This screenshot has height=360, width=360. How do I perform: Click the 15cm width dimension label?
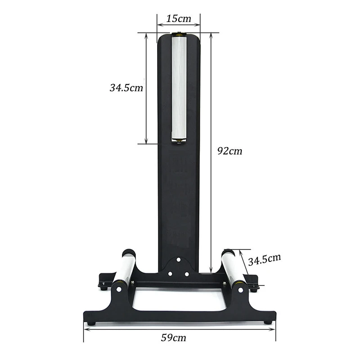pyautogui.click(x=178, y=18)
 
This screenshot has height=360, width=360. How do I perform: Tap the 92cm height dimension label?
pyautogui.click(x=229, y=151)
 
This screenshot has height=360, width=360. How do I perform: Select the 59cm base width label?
pyautogui.click(x=173, y=338)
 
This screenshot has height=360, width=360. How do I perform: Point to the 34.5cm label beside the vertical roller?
pyautogui.click(x=126, y=88)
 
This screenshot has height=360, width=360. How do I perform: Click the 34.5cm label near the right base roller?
pyautogui.click(x=265, y=260)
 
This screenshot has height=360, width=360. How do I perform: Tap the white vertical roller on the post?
pyautogui.click(x=179, y=87)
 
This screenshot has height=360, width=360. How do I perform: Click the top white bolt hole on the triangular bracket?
pyautogui.click(x=178, y=260)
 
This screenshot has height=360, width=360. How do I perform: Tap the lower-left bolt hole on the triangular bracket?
pyautogui.click(x=170, y=274)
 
